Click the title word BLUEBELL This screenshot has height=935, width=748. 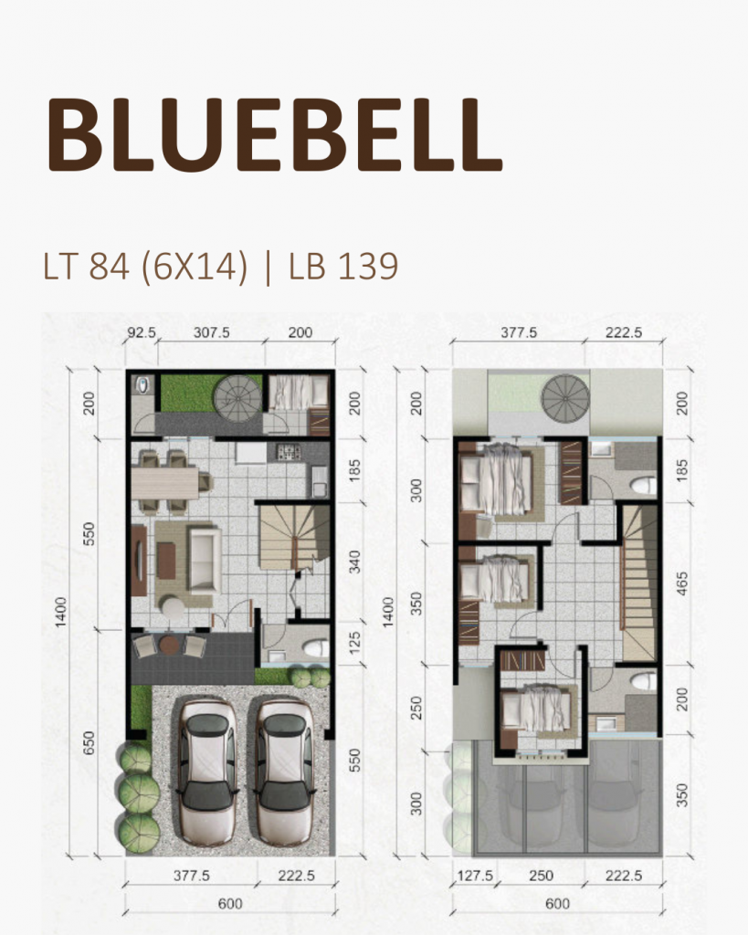274,135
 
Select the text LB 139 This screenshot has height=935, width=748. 342,266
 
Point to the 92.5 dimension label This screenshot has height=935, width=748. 142,333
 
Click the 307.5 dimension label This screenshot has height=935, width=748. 210,333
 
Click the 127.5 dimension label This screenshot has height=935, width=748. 474,875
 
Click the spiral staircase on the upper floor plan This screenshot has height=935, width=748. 565,399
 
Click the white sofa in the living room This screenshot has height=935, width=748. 203,557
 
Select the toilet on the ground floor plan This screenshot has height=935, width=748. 313,649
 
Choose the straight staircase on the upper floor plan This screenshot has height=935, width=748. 641,584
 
